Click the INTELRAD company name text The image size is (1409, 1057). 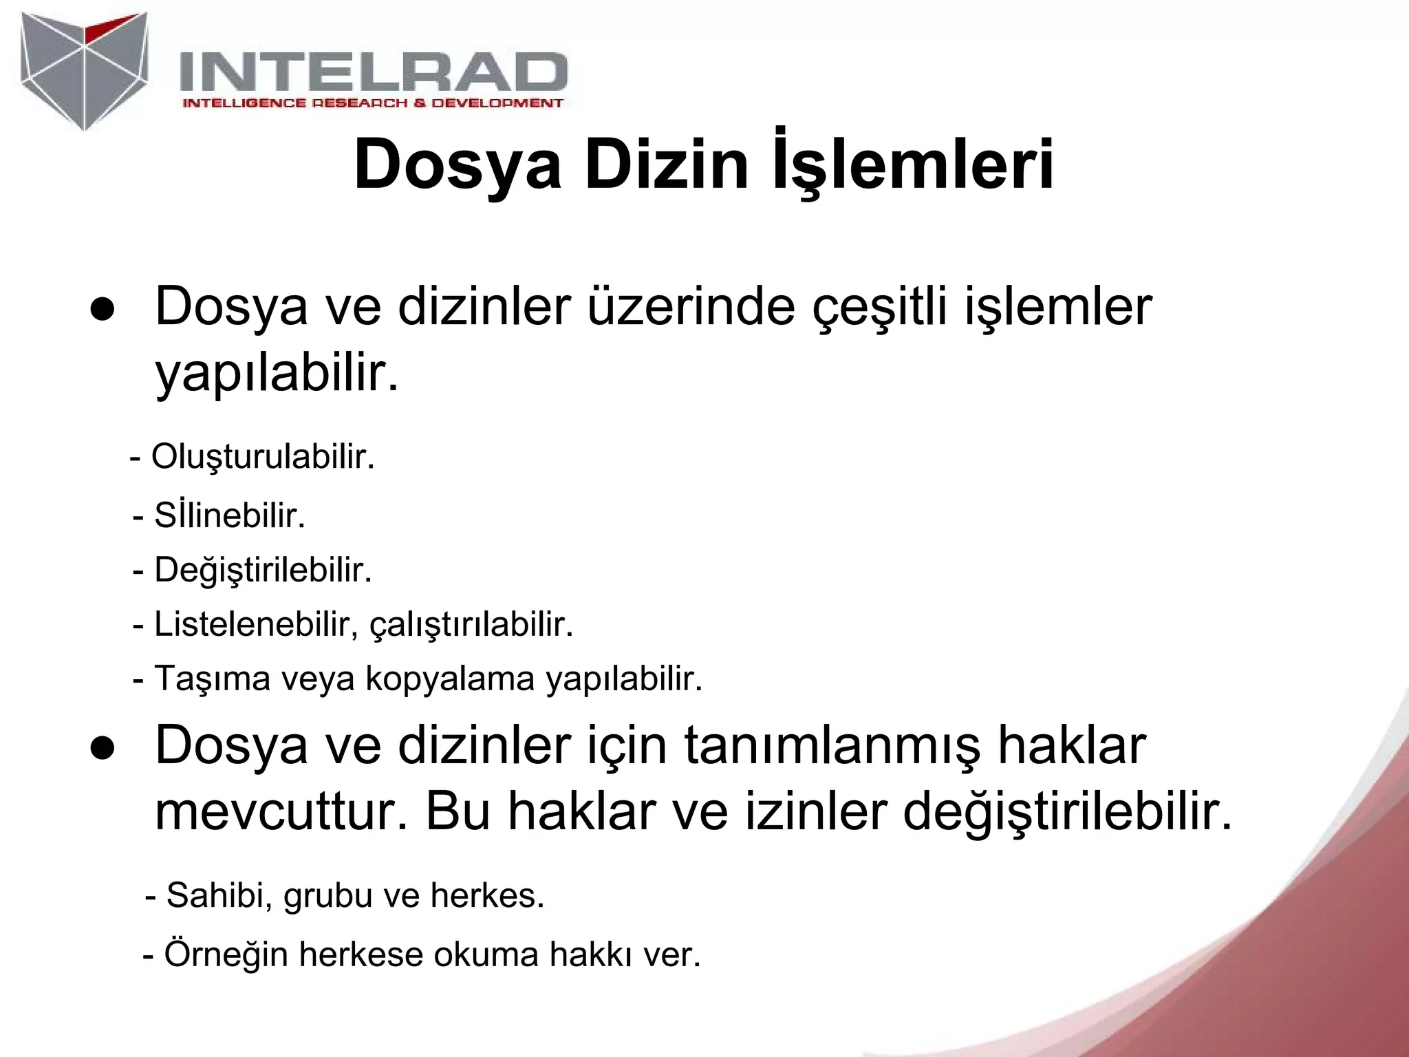coord(374,72)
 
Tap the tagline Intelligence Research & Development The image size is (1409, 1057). coord(372,103)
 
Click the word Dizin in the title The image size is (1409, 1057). coord(666,166)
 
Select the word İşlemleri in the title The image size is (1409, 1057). coord(913,166)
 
